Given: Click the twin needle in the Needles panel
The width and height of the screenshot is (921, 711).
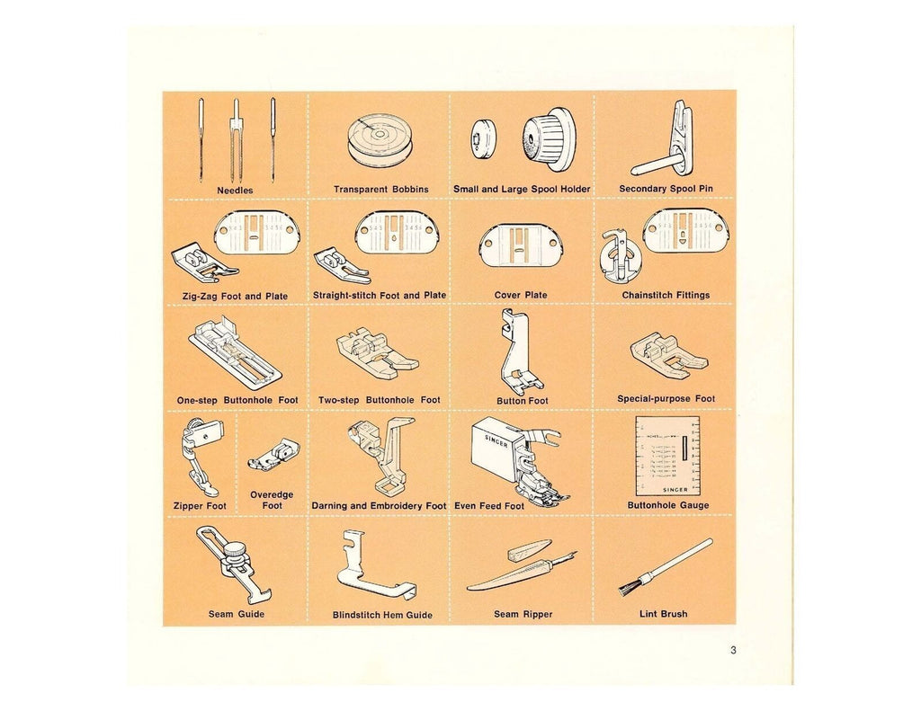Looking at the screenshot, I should coord(236,139).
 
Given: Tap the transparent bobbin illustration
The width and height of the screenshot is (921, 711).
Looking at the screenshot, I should coord(380,144).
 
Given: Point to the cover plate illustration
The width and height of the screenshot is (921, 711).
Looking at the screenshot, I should coord(521,241).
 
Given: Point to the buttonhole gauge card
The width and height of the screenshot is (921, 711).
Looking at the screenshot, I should coord(666,455).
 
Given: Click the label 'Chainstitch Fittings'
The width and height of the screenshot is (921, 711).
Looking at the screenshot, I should coord(666,295).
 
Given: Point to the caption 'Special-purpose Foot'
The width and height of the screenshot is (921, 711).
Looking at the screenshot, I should coord(666,399).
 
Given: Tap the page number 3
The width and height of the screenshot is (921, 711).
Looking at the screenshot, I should coord(734,652).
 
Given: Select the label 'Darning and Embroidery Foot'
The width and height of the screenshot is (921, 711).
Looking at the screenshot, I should coord(379,506).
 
